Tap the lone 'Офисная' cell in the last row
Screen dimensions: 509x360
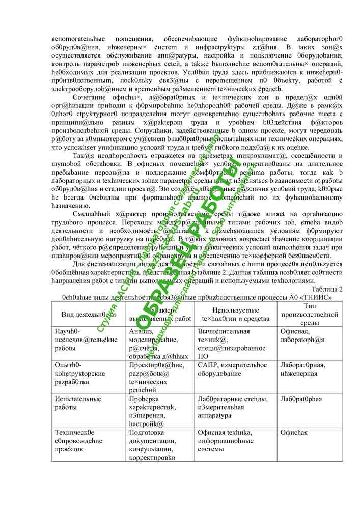(x=294, y=433)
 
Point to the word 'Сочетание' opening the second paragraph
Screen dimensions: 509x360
(x=92, y=97)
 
